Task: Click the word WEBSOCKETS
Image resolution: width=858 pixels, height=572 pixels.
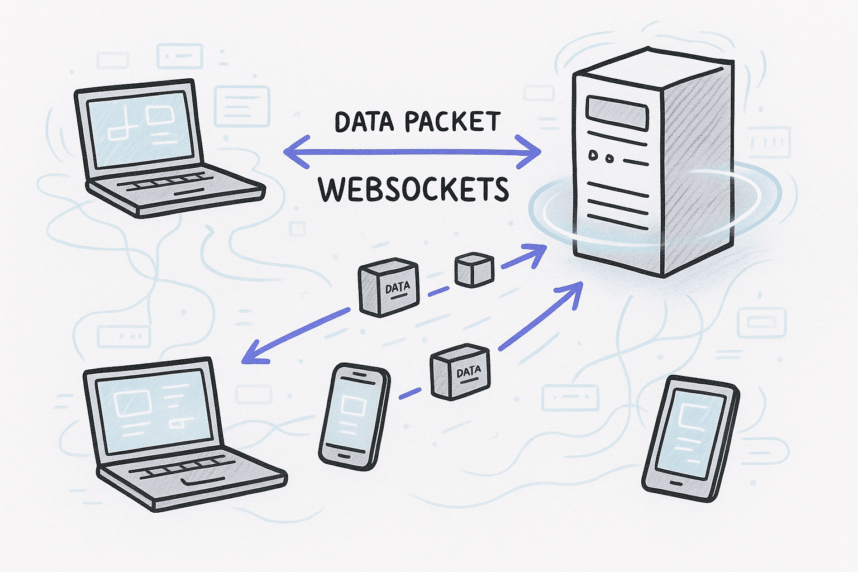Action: coord(413,189)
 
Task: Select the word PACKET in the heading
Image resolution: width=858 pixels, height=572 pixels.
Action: coord(452,122)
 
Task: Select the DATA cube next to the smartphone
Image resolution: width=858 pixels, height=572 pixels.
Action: coord(460,372)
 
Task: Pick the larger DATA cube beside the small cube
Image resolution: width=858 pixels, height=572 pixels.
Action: coord(388,287)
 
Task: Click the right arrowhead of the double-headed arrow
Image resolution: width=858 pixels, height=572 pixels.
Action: coord(531,151)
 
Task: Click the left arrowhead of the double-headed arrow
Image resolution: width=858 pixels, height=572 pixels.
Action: coord(293,151)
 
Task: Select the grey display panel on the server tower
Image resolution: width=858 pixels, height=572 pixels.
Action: coord(616,113)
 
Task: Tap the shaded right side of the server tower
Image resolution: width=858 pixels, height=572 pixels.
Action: coord(698,168)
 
